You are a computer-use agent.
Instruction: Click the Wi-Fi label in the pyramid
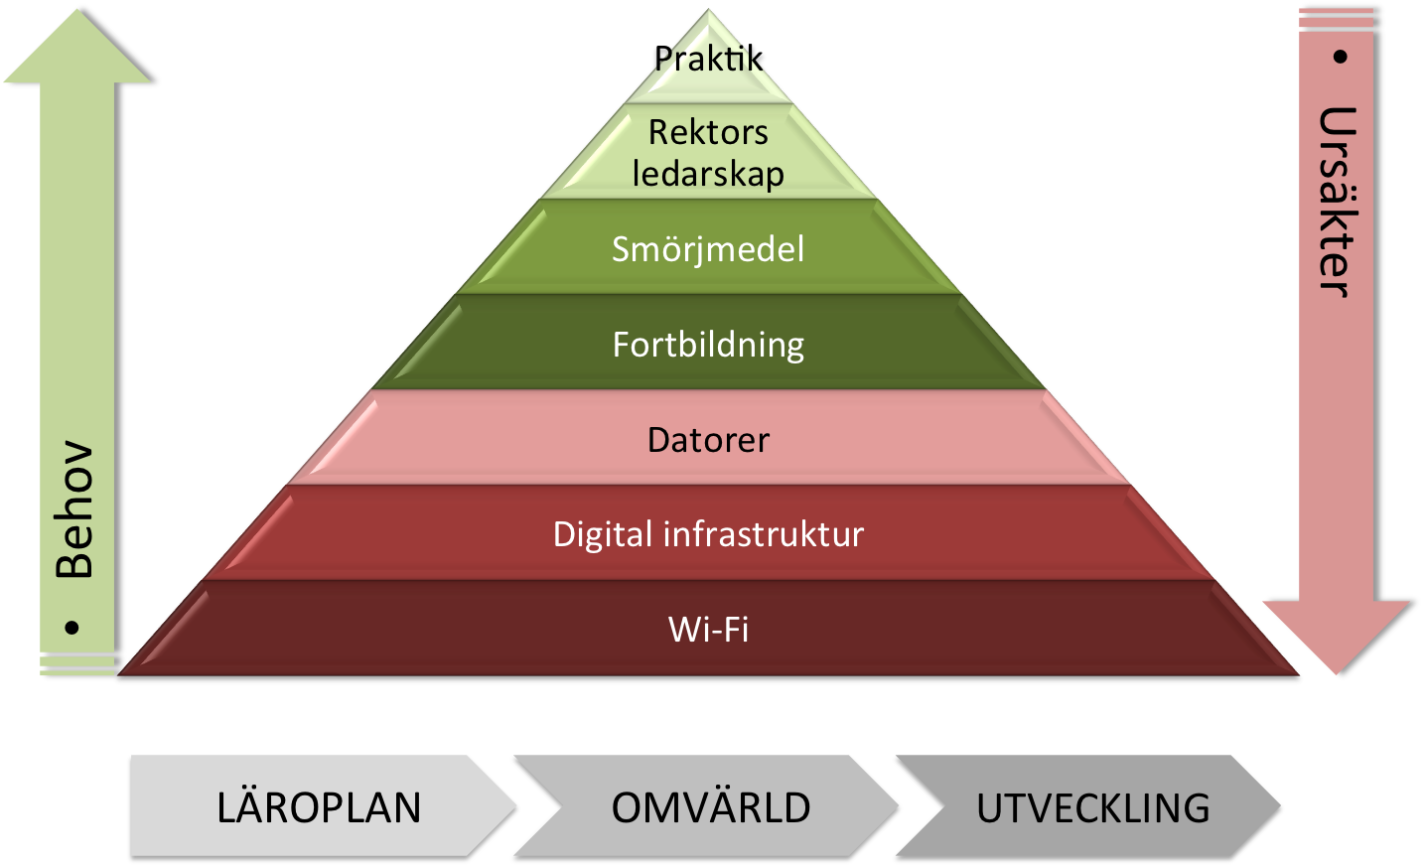click(x=708, y=630)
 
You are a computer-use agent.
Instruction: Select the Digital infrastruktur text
click(x=708, y=534)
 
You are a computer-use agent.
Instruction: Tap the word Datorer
click(x=708, y=440)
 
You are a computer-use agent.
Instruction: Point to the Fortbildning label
click(x=708, y=345)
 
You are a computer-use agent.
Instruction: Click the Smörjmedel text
click(x=708, y=249)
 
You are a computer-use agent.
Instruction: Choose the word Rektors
click(x=708, y=132)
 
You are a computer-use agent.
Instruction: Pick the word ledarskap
click(x=708, y=174)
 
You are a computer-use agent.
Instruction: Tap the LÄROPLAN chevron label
click(x=319, y=807)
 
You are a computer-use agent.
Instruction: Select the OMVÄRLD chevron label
click(x=711, y=807)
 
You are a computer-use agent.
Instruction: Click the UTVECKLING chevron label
click(x=1092, y=807)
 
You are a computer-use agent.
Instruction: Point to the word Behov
click(x=74, y=509)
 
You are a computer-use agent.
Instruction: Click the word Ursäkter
click(x=1337, y=202)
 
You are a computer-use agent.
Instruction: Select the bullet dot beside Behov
click(x=71, y=628)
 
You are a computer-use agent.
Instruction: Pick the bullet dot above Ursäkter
click(x=1340, y=57)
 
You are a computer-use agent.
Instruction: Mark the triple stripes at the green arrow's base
click(x=76, y=664)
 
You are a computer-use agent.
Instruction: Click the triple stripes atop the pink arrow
click(x=1336, y=19)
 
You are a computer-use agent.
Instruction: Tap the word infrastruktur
click(x=764, y=534)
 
